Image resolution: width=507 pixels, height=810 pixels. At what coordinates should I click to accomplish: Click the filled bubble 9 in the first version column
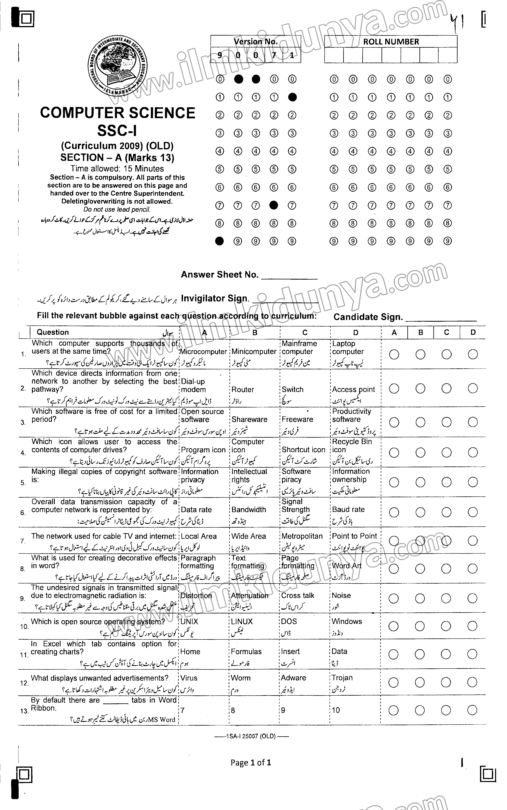coord(220,241)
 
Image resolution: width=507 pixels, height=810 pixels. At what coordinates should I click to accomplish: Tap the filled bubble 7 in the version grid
coord(274,205)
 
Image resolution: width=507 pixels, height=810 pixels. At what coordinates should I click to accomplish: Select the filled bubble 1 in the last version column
coord(292,97)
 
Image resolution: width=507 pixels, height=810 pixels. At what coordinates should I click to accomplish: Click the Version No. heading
coord(255,42)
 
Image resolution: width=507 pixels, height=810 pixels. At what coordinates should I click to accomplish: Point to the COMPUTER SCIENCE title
coord(117,113)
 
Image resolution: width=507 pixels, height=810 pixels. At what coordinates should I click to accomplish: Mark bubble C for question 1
coord(446,354)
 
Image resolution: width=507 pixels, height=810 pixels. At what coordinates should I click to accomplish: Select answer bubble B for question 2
coord(420,388)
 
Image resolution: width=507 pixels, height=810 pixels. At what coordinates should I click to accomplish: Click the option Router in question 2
coord(243,389)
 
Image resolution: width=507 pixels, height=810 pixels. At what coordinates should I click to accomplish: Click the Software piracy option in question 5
coord(296,476)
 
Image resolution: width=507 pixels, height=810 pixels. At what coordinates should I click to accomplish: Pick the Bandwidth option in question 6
coord(249,510)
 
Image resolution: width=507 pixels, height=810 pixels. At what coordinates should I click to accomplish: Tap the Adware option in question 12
coord(293,678)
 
